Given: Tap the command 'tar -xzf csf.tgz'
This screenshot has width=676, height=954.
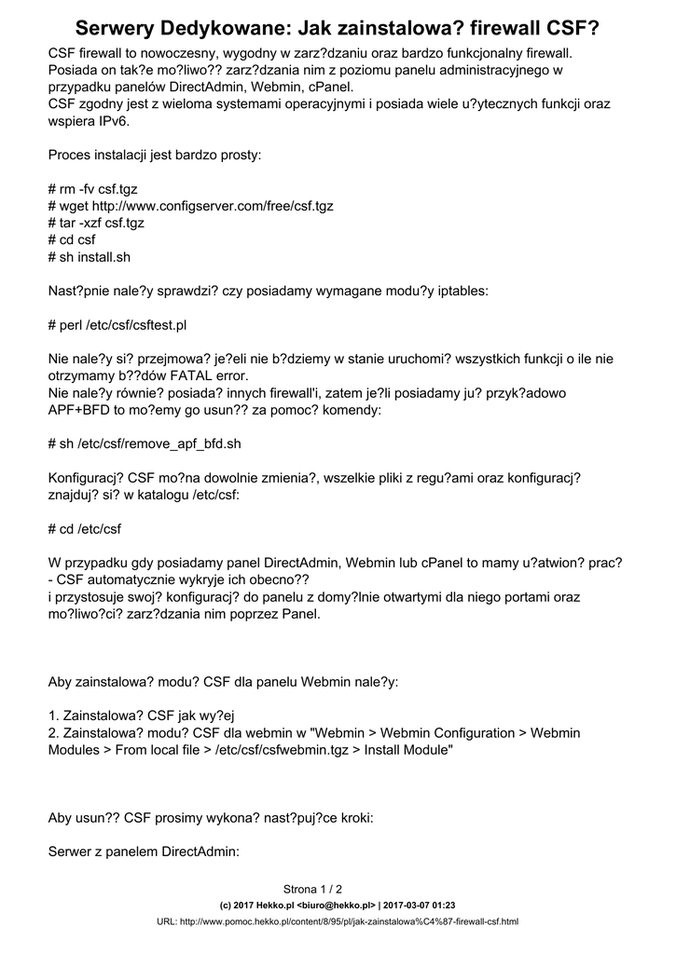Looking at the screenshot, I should click(x=102, y=223).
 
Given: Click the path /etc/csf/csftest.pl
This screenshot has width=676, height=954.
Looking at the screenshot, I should click(x=144, y=325).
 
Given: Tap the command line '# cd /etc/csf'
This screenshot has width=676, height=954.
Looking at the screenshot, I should click(x=84, y=529).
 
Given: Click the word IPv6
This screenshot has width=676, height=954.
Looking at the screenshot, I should click(x=108, y=120).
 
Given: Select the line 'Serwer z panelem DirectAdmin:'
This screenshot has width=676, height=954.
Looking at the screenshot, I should click(x=145, y=852).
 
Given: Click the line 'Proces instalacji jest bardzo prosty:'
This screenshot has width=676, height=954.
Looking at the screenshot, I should click(x=154, y=155).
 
